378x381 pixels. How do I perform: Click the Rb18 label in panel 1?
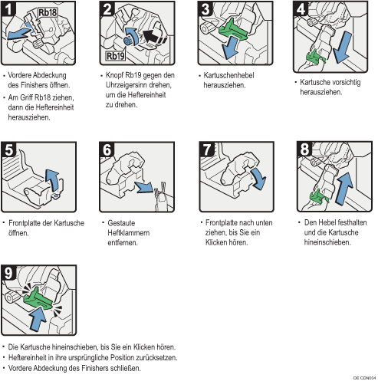(48, 12)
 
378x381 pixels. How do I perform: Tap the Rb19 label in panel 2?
(116, 56)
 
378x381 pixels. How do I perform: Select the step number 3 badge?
(205, 8)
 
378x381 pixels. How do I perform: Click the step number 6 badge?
(107, 149)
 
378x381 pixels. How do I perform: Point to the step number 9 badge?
(8, 273)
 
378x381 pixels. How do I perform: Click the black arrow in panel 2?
(153, 37)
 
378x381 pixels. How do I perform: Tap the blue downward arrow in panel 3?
(230, 48)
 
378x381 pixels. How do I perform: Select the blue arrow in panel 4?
(343, 48)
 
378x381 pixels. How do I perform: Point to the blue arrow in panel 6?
(144, 187)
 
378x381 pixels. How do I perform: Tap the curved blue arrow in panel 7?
(259, 179)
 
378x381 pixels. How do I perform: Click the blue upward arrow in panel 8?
(344, 189)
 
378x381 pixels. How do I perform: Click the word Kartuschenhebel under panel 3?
(228, 75)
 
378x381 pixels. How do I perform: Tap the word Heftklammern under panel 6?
(129, 233)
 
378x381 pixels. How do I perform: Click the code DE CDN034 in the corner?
(365, 378)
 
